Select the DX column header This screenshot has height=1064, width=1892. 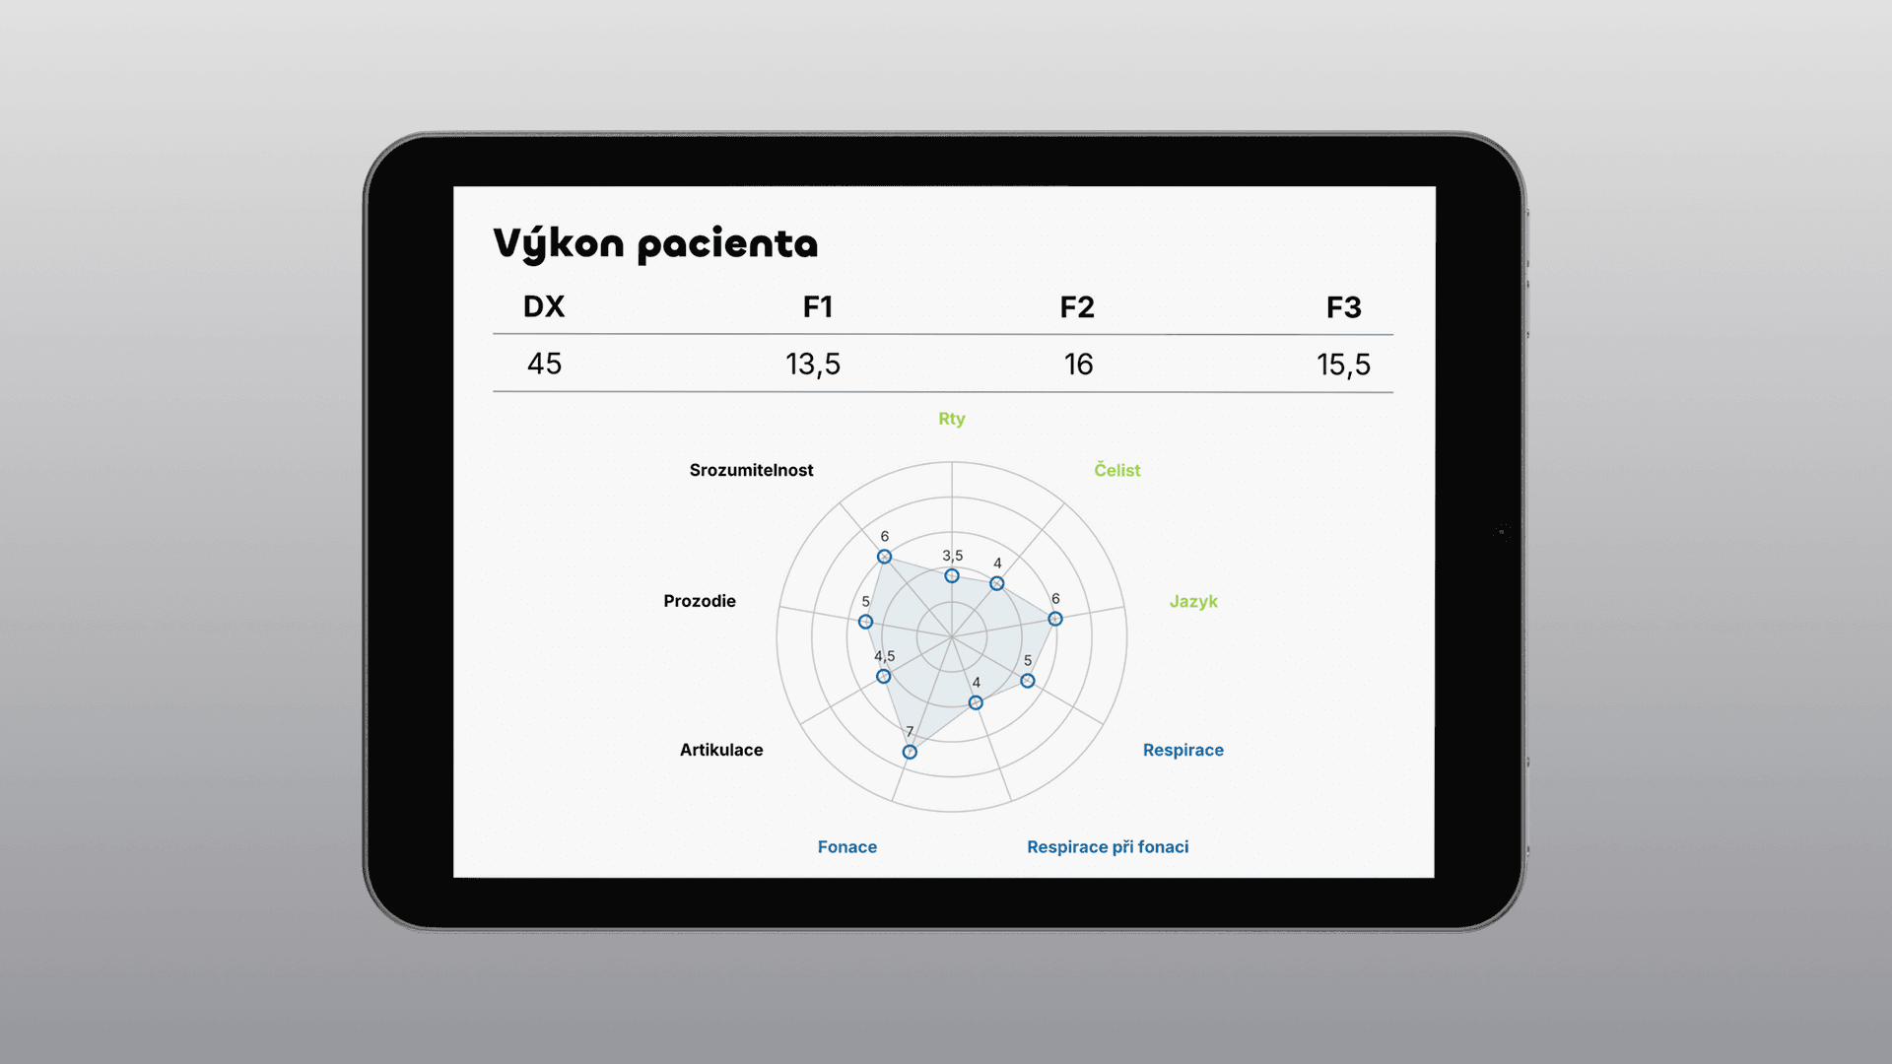544,306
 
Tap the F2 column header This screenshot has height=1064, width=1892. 1077,307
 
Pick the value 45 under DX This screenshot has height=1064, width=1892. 544,364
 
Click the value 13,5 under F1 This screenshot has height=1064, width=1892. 813,365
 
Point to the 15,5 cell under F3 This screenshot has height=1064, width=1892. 1344,366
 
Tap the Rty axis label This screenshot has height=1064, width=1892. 952,419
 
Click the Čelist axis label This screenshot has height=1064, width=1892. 1117,470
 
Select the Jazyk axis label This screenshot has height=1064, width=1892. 1193,601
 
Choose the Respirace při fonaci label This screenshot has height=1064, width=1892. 1108,847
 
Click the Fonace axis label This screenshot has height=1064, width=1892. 847,847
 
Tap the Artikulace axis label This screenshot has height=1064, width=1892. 721,750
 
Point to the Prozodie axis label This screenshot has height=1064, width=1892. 700,601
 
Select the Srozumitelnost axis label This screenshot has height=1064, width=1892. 752,470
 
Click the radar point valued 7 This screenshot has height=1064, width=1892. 910,752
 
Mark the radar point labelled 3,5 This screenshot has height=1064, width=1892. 952,575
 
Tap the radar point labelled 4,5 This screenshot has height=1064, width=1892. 884,677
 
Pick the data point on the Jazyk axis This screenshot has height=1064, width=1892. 1055,619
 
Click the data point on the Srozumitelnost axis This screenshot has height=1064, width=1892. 885,557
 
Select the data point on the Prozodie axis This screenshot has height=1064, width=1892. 865,622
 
